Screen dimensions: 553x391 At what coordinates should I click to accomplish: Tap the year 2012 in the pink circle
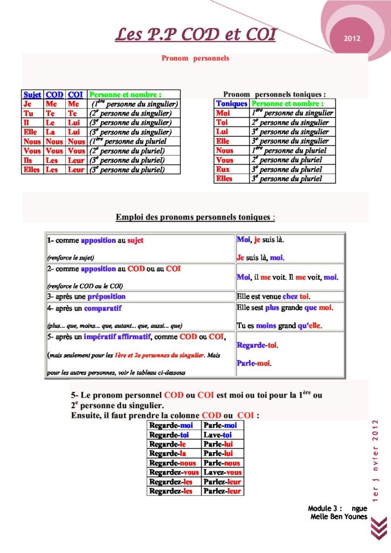(352, 39)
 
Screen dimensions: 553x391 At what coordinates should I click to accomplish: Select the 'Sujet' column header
(32, 95)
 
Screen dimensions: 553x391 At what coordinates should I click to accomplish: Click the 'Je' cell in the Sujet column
(28, 104)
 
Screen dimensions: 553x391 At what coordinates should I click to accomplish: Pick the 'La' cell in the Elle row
(50, 132)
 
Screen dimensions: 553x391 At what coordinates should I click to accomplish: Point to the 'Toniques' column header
(231, 103)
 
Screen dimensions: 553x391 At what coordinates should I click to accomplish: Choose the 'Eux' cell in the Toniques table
(223, 169)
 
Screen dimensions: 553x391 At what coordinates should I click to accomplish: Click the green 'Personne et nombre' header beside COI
(125, 95)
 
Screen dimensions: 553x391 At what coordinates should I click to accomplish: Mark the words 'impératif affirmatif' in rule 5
(116, 337)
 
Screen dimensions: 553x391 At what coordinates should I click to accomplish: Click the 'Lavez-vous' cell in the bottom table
(222, 472)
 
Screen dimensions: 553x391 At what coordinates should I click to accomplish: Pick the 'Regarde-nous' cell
(172, 463)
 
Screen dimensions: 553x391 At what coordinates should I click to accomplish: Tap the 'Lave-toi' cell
(218, 435)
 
